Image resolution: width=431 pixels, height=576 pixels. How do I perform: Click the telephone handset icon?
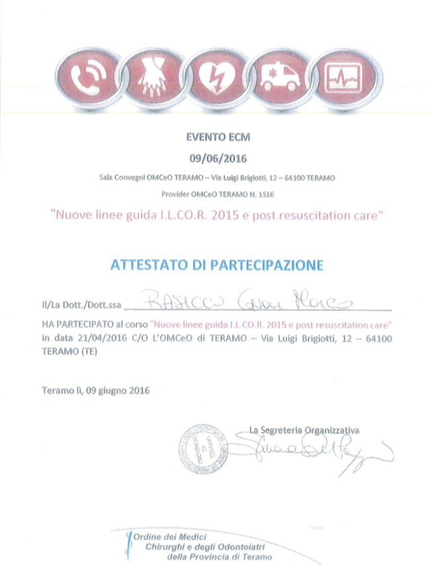tap(86, 76)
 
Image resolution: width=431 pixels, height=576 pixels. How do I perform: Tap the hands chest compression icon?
tap(151, 76)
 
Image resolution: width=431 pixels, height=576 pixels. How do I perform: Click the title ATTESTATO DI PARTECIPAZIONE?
tap(216, 265)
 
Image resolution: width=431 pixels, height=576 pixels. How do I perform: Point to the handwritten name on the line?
tap(255, 303)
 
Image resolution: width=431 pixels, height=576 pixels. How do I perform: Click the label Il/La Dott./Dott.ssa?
tap(82, 306)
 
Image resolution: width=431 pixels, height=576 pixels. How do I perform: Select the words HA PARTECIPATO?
tap(75, 325)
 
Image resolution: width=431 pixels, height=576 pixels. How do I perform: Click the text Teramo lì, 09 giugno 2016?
tap(95, 390)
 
